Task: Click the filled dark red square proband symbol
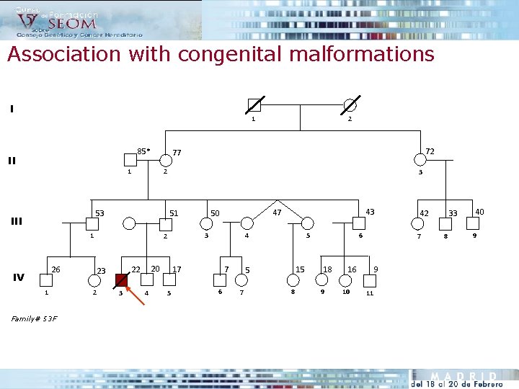[120, 280]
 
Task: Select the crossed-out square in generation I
[254, 104]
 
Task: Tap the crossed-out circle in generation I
[350, 104]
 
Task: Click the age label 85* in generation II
[143, 151]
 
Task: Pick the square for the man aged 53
[92, 223]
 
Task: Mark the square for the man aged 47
[247, 223]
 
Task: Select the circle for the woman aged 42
[417, 223]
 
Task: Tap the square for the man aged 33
[445, 223]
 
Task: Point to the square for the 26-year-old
[47, 280]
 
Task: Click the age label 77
[177, 153]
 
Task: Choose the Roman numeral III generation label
[16, 221]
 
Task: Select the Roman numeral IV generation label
[19, 277]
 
